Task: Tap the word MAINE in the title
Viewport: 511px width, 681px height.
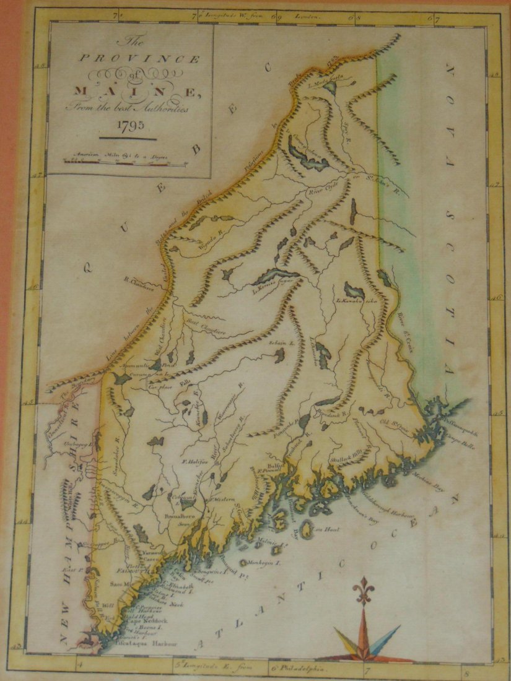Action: tap(136, 92)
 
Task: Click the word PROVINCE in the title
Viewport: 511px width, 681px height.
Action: tap(138, 59)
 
